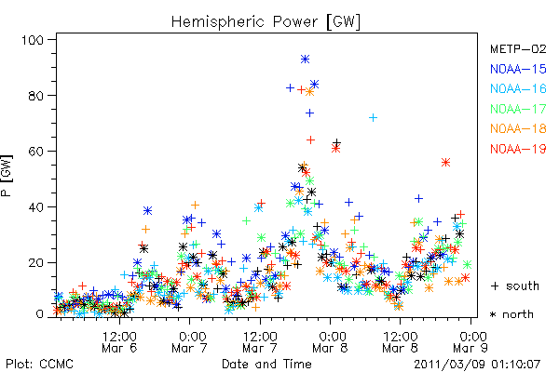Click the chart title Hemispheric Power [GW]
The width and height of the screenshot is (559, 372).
266,22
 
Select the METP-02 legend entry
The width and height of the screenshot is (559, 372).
518,48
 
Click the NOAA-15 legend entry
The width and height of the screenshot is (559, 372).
518,69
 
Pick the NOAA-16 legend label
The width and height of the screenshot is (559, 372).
518,88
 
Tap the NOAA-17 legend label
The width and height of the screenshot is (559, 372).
518,109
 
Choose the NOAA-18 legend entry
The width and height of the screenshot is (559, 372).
518,128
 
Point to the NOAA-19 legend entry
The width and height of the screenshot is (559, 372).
518,149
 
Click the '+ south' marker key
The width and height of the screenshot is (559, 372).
515,286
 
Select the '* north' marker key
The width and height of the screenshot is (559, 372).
511,314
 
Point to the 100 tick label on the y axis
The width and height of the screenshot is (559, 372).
33,40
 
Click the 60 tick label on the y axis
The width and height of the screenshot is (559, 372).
36,152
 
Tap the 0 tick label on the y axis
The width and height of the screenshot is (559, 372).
40,314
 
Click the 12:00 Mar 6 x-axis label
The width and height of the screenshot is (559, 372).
119,342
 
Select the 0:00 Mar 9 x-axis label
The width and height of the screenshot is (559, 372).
470,342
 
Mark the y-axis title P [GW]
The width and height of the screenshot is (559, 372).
7,176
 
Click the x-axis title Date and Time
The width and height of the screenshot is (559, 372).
266,364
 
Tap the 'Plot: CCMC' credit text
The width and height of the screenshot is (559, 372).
39,364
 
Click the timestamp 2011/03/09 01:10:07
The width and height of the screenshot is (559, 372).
477,365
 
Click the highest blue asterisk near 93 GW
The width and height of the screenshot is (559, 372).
305,60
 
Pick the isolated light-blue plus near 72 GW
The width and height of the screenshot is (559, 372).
373,117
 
